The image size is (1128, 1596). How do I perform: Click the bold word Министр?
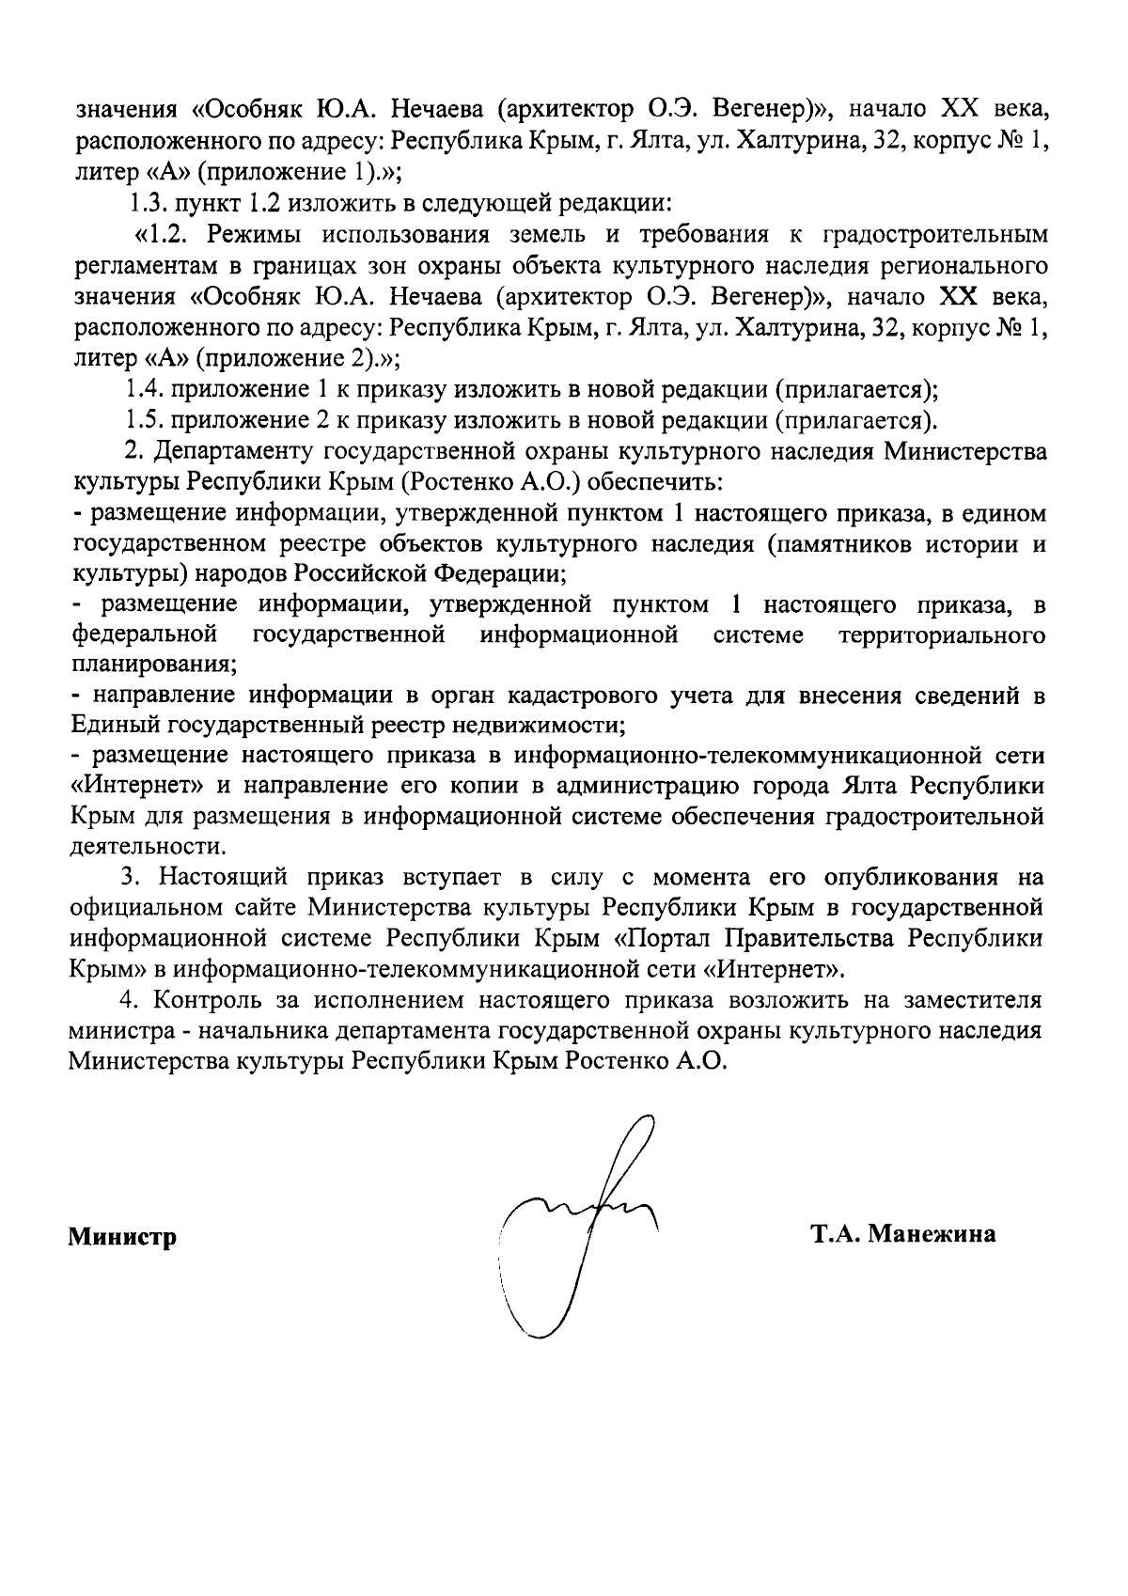pos(123,1237)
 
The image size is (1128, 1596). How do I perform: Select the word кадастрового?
pos(578,696)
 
